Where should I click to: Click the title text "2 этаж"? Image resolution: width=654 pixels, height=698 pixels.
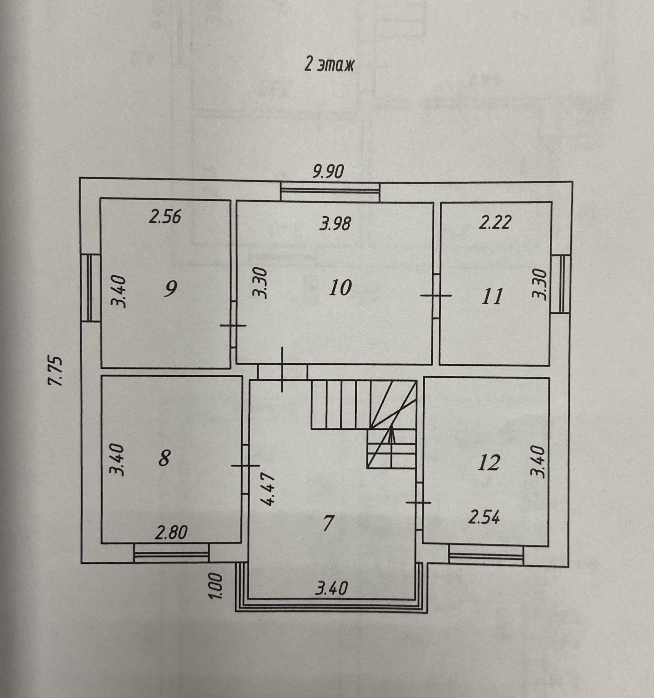[x=329, y=65]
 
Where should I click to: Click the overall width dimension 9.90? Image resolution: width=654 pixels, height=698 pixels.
[x=328, y=172]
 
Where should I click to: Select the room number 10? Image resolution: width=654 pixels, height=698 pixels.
[x=340, y=288]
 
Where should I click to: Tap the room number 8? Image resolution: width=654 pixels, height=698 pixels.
[x=164, y=458]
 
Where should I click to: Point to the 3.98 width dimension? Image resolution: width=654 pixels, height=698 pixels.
[x=335, y=224]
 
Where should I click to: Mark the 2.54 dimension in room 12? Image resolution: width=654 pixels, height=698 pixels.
[x=484, y=518]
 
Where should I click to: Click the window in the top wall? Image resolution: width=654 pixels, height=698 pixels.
[x=330, y=191]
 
